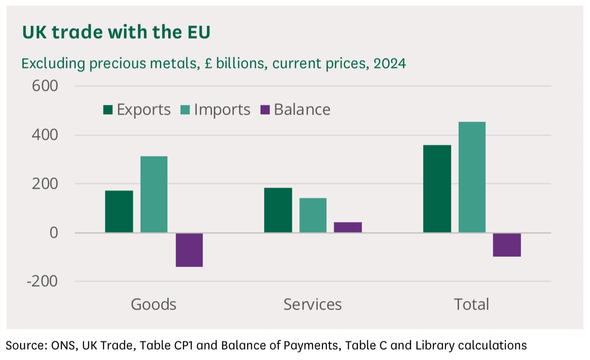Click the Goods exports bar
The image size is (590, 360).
[x=119, y=211]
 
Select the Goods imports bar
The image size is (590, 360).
[x=154, y=194]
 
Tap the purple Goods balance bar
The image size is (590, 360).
[x=189, y=250]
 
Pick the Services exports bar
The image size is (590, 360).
[x=278, y=210]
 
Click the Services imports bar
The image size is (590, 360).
[x=313, y=215]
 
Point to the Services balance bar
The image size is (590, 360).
[x=348, y=227]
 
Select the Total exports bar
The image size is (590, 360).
[x=437, y=188]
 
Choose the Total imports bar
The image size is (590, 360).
[x=472, y=177]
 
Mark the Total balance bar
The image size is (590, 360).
[x=507, y=245]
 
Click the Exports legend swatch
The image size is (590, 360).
[x=108, y=110]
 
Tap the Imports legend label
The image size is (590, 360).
[x=222, y=110]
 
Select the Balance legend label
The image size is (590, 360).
[x=302, y=110]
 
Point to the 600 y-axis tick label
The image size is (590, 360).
[x=45, y=86]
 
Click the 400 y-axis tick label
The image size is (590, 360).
[x=45, y=135]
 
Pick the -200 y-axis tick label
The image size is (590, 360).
[x=42, y=282]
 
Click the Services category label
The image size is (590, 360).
[x=313, y=305]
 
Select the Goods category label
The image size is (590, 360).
[x=154, y=305]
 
